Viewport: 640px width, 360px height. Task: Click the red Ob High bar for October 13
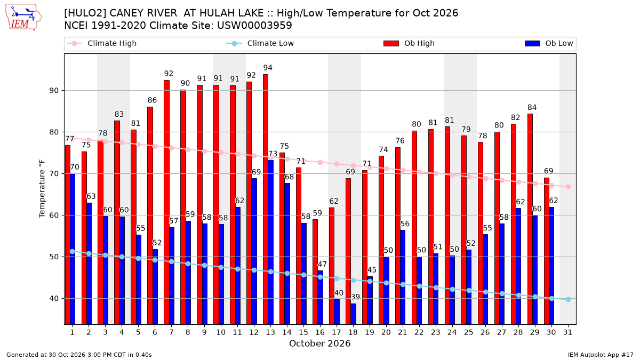pos(266,199)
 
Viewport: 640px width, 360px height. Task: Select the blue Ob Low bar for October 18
pos(353,314)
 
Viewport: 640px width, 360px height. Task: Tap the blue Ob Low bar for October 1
pos(73,249)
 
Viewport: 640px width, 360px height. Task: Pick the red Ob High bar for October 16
pos(315,271)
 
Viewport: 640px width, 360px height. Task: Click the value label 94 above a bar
pos(268,68)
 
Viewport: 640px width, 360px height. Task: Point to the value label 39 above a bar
pos(355,297)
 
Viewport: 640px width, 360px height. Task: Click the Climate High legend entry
pos(102,43)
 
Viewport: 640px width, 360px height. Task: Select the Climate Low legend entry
pos(260,43)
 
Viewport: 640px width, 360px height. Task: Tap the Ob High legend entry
pos(409,43)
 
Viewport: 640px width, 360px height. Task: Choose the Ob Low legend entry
pos(549,43)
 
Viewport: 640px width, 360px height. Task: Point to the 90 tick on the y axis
pos(54,91)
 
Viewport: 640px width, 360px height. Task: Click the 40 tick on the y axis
pos(54,299)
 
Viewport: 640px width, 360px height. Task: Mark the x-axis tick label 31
pos(567,332)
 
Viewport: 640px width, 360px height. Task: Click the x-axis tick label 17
pos(337,332)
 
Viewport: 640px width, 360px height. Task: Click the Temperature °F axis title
pos(42,189)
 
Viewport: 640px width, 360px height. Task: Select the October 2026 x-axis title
pos(319,343)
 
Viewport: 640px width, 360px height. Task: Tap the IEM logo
pos(23,18)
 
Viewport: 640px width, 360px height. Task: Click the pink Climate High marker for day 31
pos(568,187)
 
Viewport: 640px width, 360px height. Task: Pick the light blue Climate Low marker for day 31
pos(568,299)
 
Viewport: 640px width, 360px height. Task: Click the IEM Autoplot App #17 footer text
pos(601,355)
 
